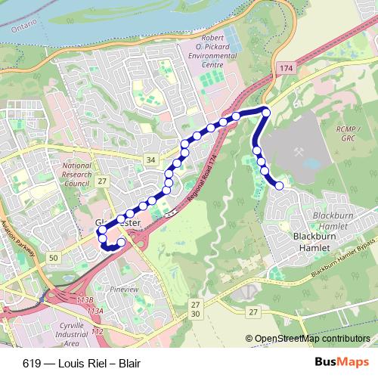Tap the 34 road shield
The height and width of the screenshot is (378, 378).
click(151, 160)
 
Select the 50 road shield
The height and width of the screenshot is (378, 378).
click(52, 259)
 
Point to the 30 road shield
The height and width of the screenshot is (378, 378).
click(196, 313)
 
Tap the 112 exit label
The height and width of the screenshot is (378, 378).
click(97, 331)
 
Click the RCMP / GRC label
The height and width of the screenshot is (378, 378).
click(348, 134)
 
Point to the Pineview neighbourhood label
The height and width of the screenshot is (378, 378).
click(124, 289)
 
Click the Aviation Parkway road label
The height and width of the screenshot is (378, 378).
click(19, 242)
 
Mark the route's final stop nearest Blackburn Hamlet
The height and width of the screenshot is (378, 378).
click(279, 185)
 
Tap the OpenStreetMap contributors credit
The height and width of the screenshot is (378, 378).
click(311, 339)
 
